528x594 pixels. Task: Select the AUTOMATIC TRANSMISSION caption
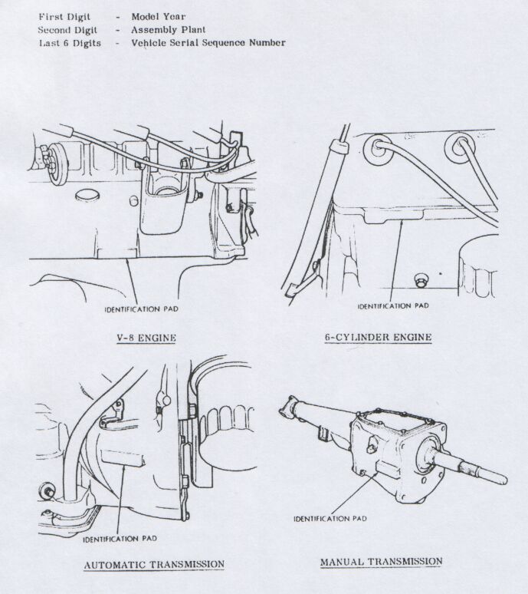[x=153, y=565]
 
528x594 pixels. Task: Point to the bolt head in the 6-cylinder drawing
[x=418, y=277]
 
